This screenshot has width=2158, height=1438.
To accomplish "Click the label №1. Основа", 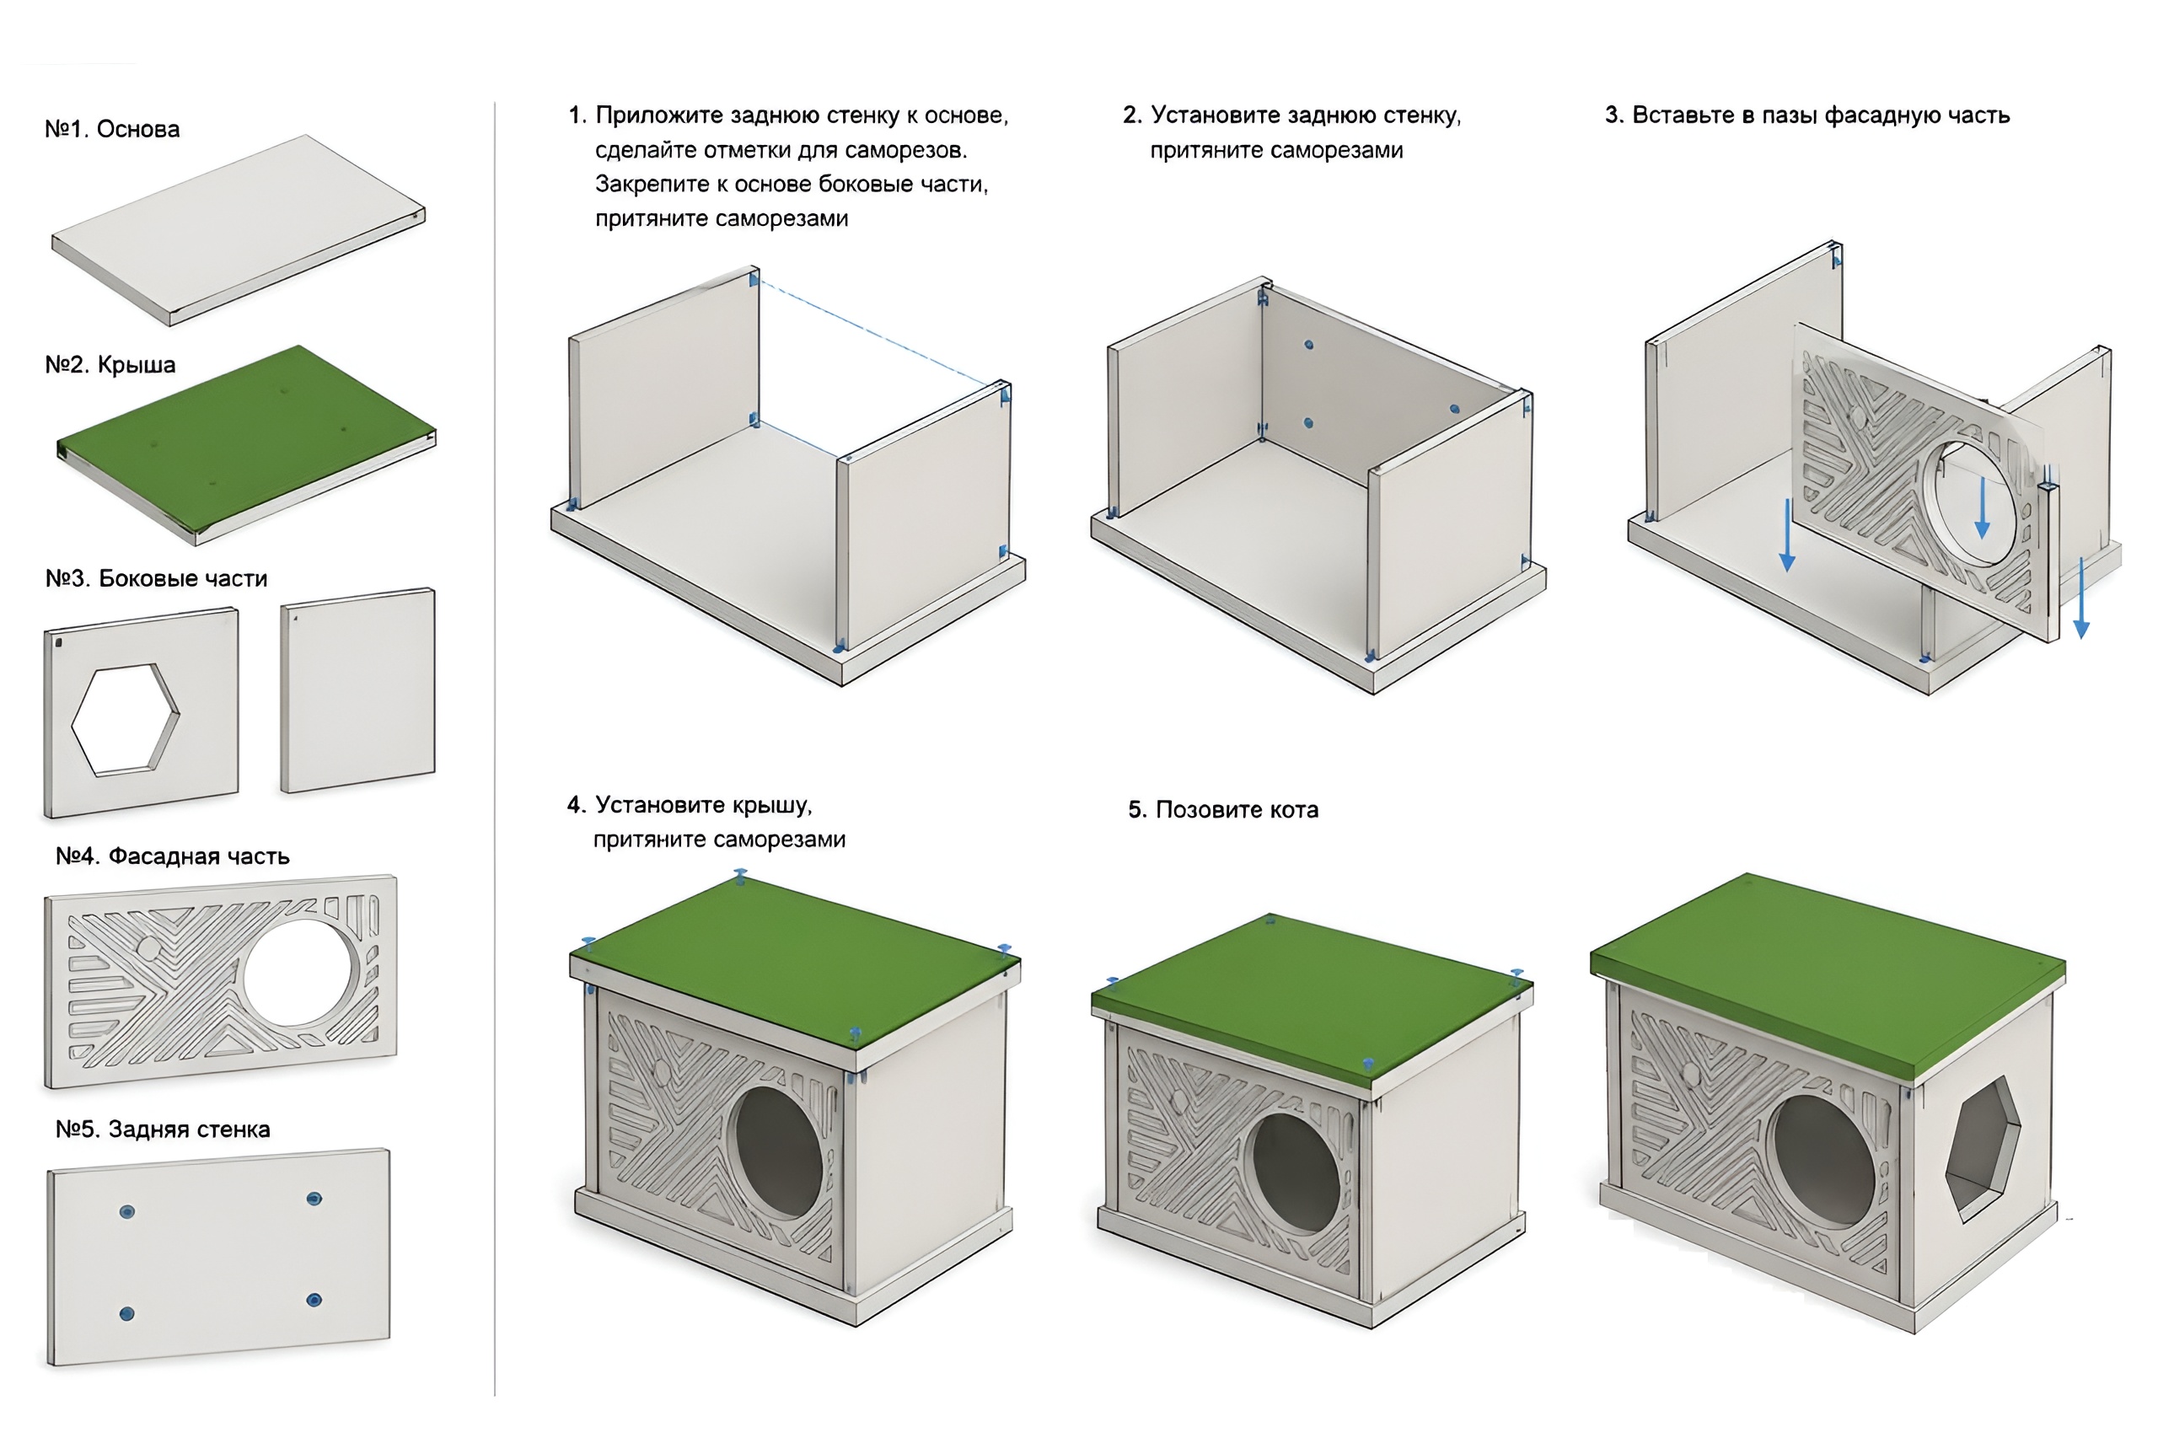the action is coord(112,129).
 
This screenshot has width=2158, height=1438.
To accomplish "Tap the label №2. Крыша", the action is coord(110,365).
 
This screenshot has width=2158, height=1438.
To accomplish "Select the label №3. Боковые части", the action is coord(156,579).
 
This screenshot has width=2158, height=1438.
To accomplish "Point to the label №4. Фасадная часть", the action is coord(173,856).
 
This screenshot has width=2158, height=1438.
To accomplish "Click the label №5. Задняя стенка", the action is coord(163,1129).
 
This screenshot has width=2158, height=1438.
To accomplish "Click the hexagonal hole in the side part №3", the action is coord(125,720).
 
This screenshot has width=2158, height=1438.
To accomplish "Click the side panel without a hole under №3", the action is coord(357,689).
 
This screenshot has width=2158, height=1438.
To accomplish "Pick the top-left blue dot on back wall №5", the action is coord(127,1212).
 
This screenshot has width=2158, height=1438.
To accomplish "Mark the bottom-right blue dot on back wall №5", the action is coord(314,1301).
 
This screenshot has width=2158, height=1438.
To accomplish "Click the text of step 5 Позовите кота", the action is coord(1223,810).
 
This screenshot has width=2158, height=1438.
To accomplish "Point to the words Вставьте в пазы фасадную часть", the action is coord(1821,115).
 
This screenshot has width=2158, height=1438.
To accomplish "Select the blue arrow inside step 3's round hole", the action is coord(1982,507).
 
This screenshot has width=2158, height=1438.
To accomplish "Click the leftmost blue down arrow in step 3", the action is coord(1787,535).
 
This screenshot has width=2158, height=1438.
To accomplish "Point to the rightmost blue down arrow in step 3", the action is coord(2082,598).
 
